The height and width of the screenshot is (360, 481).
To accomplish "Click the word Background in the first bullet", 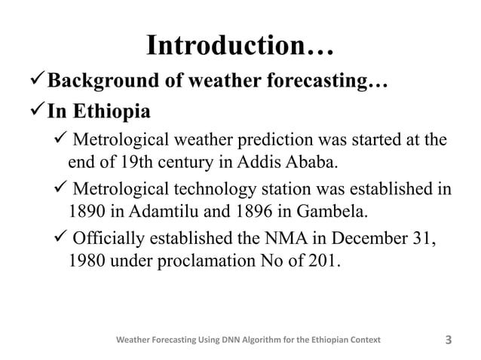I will (x=109, y=81).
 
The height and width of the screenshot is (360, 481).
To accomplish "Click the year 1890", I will (x=87, y=209).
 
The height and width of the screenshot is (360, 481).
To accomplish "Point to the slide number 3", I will (x=449, y=340).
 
